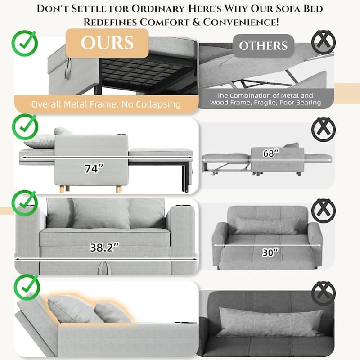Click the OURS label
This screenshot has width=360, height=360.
pos(107,43)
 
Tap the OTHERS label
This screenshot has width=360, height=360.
pos(263,46)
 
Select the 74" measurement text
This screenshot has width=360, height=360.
pos(94,169)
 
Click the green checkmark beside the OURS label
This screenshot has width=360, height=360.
pos(25,43)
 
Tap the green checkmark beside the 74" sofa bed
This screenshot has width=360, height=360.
pos(25,126)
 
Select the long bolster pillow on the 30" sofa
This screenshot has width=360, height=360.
pos(265,226)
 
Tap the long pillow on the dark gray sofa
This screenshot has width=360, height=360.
pos(270,322)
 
